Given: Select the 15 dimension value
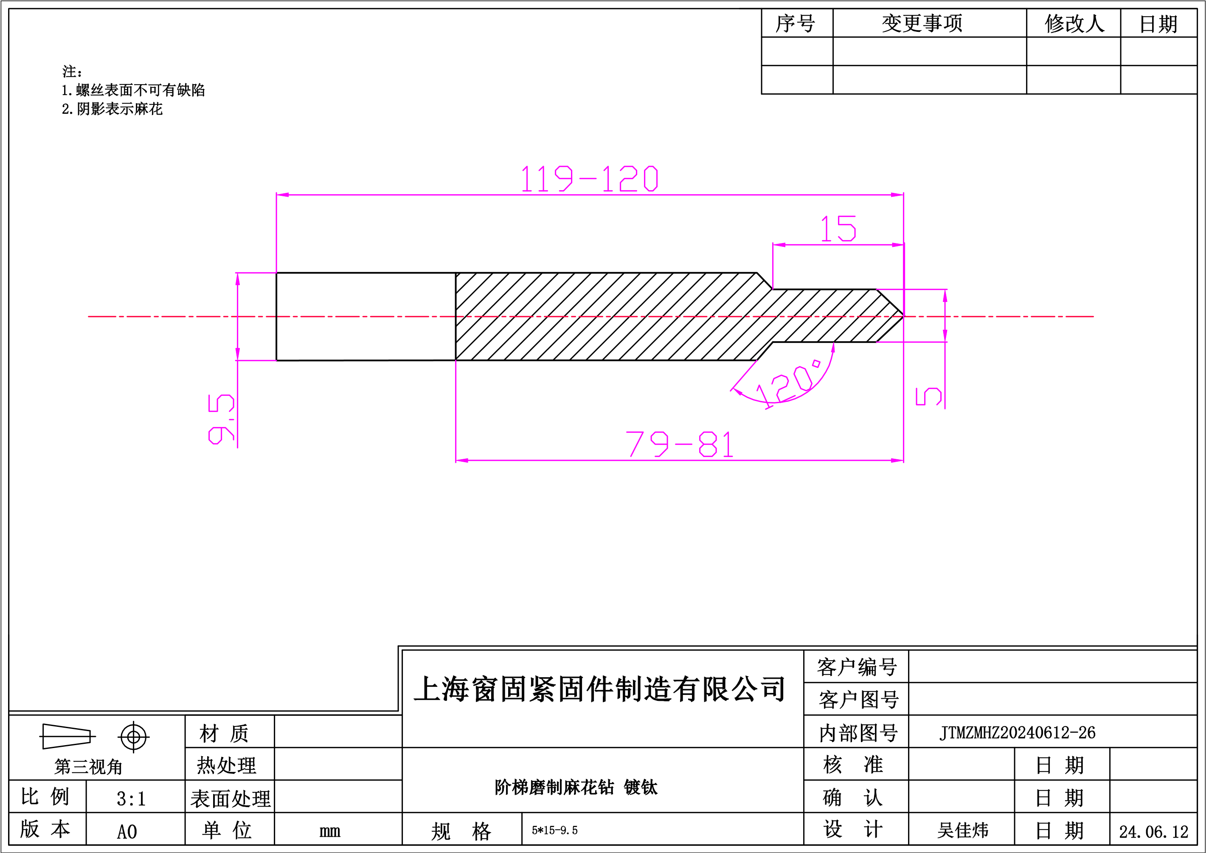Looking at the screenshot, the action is pos(838,228).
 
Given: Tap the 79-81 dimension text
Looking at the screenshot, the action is pos(680,444).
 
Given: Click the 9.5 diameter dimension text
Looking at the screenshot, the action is pos(221,419).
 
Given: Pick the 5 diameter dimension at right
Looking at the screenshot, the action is pos(929,397).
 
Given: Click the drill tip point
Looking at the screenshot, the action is pos(903,316).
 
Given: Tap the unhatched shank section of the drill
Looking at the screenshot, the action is pos(366,316).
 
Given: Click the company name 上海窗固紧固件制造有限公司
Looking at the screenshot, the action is pos(600,689).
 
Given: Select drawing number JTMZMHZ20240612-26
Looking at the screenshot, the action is pos(1018,732).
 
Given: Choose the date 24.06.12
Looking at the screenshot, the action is pos(1153,831).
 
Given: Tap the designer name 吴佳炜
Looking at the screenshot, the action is pos(963,830).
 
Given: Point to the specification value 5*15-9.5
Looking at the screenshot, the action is pos(555,830).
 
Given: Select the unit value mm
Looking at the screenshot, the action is pos(330,831).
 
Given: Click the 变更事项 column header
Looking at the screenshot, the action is pos(922,23).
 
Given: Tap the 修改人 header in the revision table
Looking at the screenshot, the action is pos(1075,23).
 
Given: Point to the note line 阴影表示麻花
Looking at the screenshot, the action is pos(112,109).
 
